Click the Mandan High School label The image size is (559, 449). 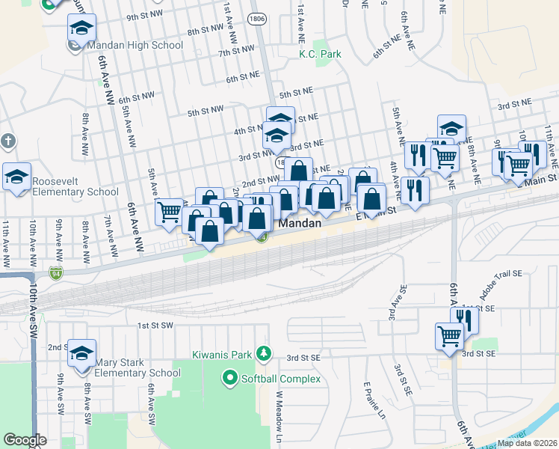(135, 45)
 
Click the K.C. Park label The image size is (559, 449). (320, 55)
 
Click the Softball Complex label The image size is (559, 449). (280, 379)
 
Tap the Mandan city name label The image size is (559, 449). (300, 224)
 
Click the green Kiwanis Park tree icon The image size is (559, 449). (262, 352)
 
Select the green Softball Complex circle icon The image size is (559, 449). (230, 379)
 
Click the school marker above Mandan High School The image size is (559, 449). (81, 28)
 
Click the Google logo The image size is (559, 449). (25, 440)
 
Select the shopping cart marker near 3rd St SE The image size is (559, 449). (449, 336)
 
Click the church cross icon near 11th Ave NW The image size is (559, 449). (7, 141)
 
